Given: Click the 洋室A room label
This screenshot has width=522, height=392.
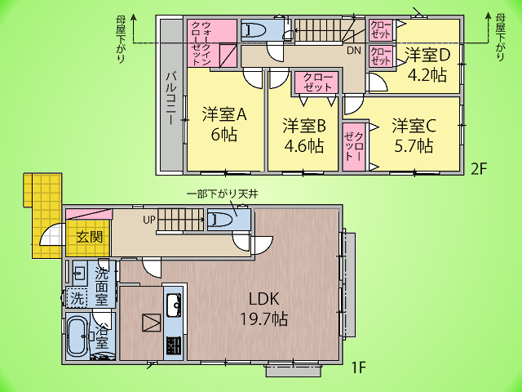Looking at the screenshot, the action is pos(224,115).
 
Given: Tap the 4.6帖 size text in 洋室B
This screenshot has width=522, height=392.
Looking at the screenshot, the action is pos(304,145).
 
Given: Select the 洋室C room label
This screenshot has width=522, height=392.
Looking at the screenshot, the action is pos(414,125).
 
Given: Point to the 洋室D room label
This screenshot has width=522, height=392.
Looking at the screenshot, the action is pos(427,55).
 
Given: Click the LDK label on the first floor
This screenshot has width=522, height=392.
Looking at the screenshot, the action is pos(264,299).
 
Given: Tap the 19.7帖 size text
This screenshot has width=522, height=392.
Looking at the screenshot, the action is pos(264,319).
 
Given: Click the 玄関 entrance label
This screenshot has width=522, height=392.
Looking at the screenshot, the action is pos(90,237).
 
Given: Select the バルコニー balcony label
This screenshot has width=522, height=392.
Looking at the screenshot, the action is pos(172,98).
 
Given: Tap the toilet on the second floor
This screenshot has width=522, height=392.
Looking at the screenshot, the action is pos(255,30).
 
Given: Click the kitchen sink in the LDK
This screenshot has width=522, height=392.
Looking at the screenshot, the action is pos(174,305).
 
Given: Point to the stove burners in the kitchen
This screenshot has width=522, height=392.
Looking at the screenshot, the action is pos(173,345).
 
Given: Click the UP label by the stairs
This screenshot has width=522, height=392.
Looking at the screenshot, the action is pos(149,220).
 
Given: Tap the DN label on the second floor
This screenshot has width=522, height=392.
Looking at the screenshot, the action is pos(353,51).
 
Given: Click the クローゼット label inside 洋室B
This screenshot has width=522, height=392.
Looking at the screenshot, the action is pos(317,82).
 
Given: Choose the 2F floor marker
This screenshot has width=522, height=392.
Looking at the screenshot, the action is pos(479,170).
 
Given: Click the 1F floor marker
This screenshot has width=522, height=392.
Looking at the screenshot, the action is pos(359,368).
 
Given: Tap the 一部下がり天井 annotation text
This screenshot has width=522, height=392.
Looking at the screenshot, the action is pos(222,194).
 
